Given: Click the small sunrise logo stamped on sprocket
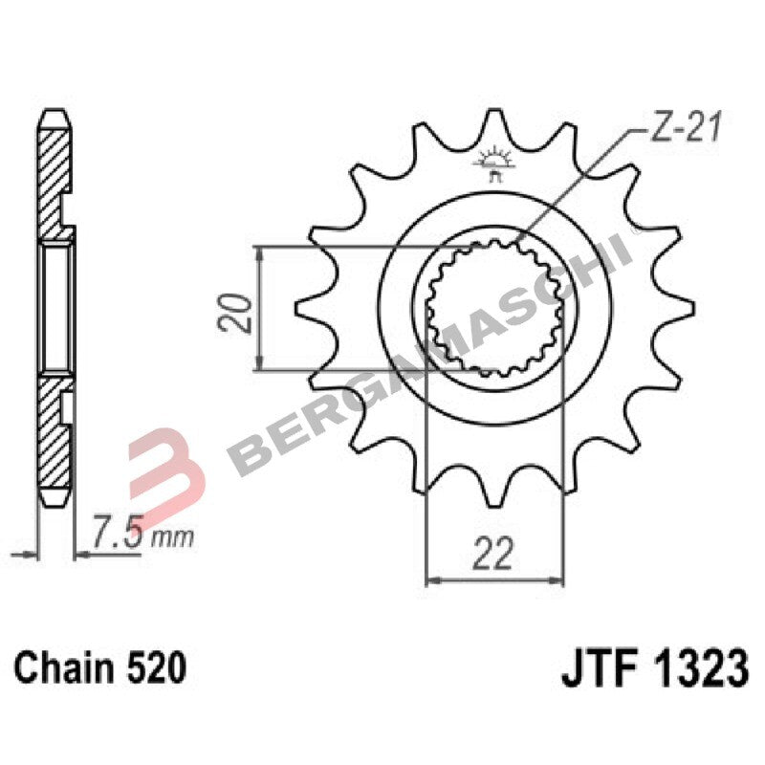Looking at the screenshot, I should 494,163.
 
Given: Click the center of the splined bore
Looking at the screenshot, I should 494,306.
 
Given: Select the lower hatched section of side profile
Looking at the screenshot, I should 54,440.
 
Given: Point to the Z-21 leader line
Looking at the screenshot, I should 574,182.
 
